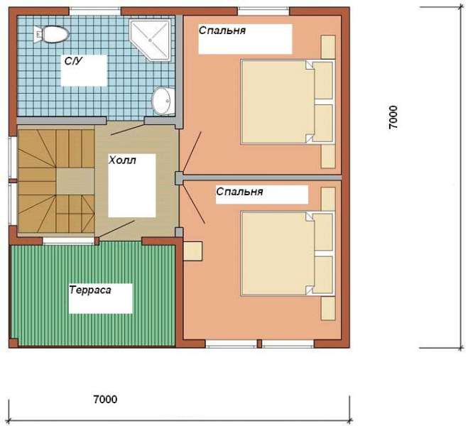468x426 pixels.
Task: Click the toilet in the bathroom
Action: coord(51,35)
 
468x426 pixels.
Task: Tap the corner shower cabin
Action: coord(150,40)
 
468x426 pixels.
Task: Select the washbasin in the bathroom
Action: coord(163,101)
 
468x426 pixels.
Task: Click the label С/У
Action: coord(73,61)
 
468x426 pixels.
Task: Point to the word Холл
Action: coord(122,160)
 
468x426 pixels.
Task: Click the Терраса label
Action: coord(90,290)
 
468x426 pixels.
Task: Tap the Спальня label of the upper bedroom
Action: coord(222,31)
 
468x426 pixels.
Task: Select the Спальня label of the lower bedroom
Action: coord(239,192)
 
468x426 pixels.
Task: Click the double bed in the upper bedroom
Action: coord(288,102)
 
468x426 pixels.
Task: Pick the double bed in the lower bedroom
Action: coord(288,253)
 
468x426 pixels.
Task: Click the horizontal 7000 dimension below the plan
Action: coord(105,399)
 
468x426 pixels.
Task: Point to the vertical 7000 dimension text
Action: coord(393,117)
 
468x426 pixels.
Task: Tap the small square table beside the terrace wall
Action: coord(193,251)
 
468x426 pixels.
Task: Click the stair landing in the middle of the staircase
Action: coord(75,181)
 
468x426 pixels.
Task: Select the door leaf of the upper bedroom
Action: coord(192,153)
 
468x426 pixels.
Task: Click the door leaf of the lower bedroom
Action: coord(194,203)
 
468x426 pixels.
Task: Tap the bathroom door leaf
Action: coord(128,129)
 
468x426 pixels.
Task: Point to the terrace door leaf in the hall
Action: coord(116,229)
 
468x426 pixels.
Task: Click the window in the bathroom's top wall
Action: coord(95,11)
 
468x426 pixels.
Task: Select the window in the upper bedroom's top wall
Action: coord(263,11)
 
